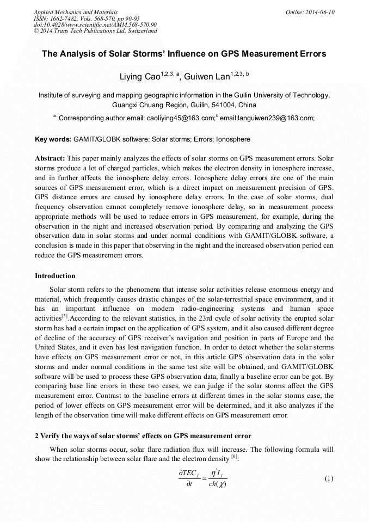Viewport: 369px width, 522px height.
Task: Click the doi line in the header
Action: (x=95, y=24)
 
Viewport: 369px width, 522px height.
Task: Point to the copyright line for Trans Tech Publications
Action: (x=95, y=31)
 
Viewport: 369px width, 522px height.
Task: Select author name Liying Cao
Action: (x=140, y=77)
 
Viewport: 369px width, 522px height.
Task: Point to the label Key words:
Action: (x=53, y=139)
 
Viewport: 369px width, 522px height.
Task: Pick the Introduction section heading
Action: (x=55, y=276)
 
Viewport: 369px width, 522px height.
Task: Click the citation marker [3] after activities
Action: (x=65, y=316)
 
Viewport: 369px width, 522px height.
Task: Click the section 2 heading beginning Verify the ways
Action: (x=143, y=436)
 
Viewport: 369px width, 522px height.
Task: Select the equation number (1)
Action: (x=329, y=478)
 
